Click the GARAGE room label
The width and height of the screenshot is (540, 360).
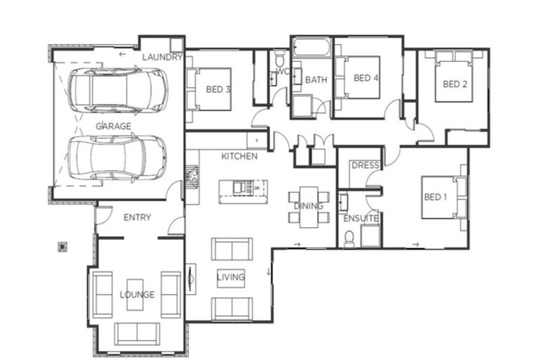(x=113, y=126)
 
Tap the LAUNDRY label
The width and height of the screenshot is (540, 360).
(x=162, y=57)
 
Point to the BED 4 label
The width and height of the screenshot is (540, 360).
(x=366, y=77)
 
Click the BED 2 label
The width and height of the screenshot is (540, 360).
(x=455, y=84)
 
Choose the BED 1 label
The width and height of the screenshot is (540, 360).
(x=435, y=197)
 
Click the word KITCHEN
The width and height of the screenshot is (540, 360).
(x=239, y=156)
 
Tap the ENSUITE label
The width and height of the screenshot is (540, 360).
(x=361, y=219)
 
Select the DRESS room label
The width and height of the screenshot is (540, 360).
(x=365, y=166)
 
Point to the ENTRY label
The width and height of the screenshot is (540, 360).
(x=137, y=217)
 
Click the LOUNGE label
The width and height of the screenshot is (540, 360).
(x=137, y=295)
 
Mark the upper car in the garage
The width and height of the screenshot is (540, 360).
(x=118, y=91)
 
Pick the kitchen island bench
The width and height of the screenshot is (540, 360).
(x=242, y=188)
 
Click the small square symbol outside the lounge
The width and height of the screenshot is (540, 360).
(x=63, y=246)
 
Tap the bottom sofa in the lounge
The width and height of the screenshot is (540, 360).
(x=137, y=332)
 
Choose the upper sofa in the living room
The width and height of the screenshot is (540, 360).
(x=231, y=249)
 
